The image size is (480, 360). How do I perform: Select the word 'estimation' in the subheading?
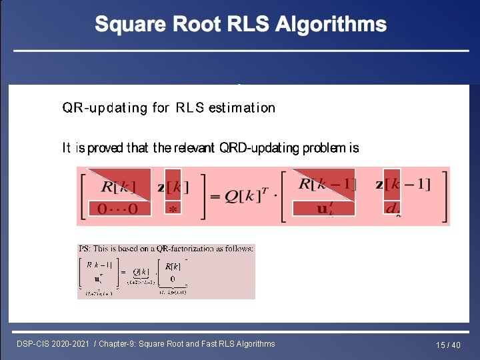click(x=241, y=107)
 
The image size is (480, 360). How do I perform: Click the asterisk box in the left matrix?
click(x=173, y=209)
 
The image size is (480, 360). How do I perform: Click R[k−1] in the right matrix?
click(x=326, y=185)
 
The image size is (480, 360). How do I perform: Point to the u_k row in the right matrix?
click(x=325, y=209)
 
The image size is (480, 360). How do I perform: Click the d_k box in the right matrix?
click(x=393, y=209)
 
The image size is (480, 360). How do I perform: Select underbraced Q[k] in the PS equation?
click(x=141, y=273)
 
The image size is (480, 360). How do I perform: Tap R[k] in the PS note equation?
click(x=173, y=266)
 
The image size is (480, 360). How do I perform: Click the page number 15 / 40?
click(x=448, y=345)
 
